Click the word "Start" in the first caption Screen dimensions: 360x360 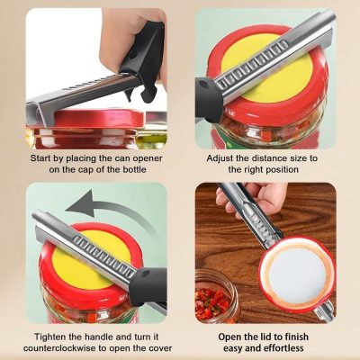coord(40,158)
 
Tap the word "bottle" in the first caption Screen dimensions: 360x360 coord(134,169)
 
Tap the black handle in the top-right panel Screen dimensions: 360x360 coord(209,99)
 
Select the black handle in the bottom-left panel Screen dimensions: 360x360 coord(149,286)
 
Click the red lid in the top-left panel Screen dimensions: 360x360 coord(96,119)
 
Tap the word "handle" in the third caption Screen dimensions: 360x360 coord(99,337)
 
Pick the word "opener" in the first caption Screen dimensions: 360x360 coord(147,158)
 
